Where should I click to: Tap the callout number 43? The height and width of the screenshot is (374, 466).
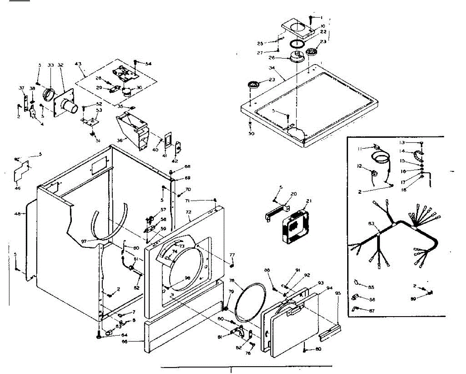[x=78, y=64]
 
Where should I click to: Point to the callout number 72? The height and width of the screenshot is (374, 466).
[x=189, y=213]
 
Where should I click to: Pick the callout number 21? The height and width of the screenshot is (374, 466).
[x=309, y=201]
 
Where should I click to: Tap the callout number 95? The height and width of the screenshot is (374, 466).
[x=337, y=293]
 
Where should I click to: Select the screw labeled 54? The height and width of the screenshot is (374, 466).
[x=136, y=62]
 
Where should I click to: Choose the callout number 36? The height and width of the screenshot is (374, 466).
[x=120, y=140]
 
